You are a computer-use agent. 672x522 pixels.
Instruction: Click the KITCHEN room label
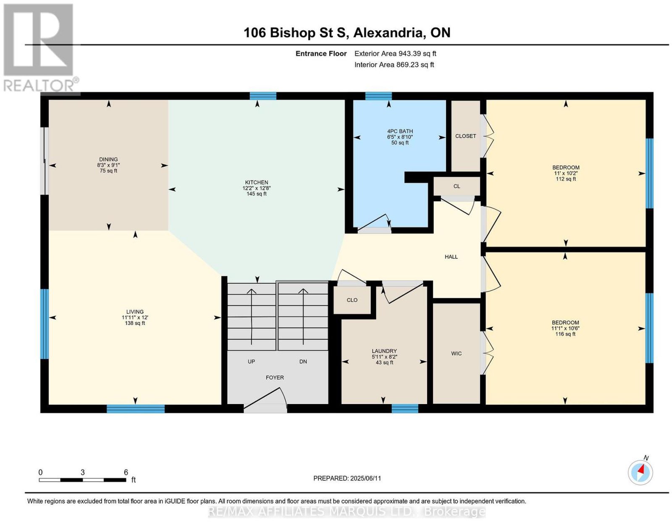(x=256, y=182)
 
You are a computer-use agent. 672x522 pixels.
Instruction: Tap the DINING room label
(x=108, y=160)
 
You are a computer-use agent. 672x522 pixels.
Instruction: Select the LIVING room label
(x=135, y=312)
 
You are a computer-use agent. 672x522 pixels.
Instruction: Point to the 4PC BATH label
(x=400, y=131)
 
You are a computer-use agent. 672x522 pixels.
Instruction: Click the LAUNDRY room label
(x=384, y=351)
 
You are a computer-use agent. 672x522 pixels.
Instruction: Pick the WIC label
(x=457, y=354)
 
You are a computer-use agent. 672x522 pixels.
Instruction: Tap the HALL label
(x=451, y=257)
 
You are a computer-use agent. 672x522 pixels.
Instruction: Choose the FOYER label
(x=275, y=378)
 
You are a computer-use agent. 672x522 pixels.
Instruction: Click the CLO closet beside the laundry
(x=352, y=300)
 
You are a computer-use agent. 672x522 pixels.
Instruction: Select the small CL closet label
(x=457, y=186)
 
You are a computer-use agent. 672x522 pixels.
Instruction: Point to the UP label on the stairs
(x=251, y=362)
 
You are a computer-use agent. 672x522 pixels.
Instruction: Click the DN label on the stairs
(x=303, y=362)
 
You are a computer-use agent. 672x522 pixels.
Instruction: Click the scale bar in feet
(x=83, y=480)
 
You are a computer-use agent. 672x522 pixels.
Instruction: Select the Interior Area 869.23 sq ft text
(x=394, y=65)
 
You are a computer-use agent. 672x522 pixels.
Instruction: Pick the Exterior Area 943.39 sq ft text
(x=395, y=54)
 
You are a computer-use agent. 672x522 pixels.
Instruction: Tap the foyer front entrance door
(x=265, y=402)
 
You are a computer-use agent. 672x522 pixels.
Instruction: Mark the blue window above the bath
(x=378, y=96)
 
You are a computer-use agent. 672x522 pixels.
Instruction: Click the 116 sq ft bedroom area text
(x=565, y=334)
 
